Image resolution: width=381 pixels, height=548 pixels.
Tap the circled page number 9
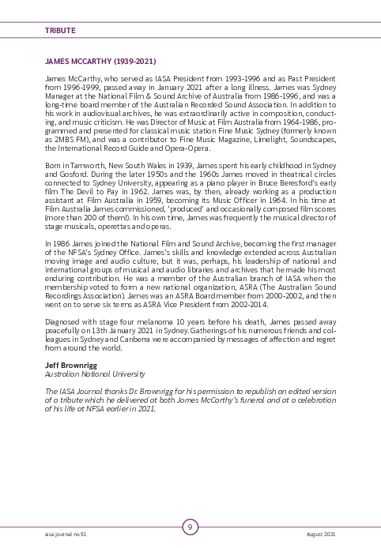coord(190,527)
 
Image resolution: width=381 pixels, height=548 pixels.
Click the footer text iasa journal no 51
coord(66,535)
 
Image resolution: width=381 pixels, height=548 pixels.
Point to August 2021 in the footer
coord(320,535)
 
